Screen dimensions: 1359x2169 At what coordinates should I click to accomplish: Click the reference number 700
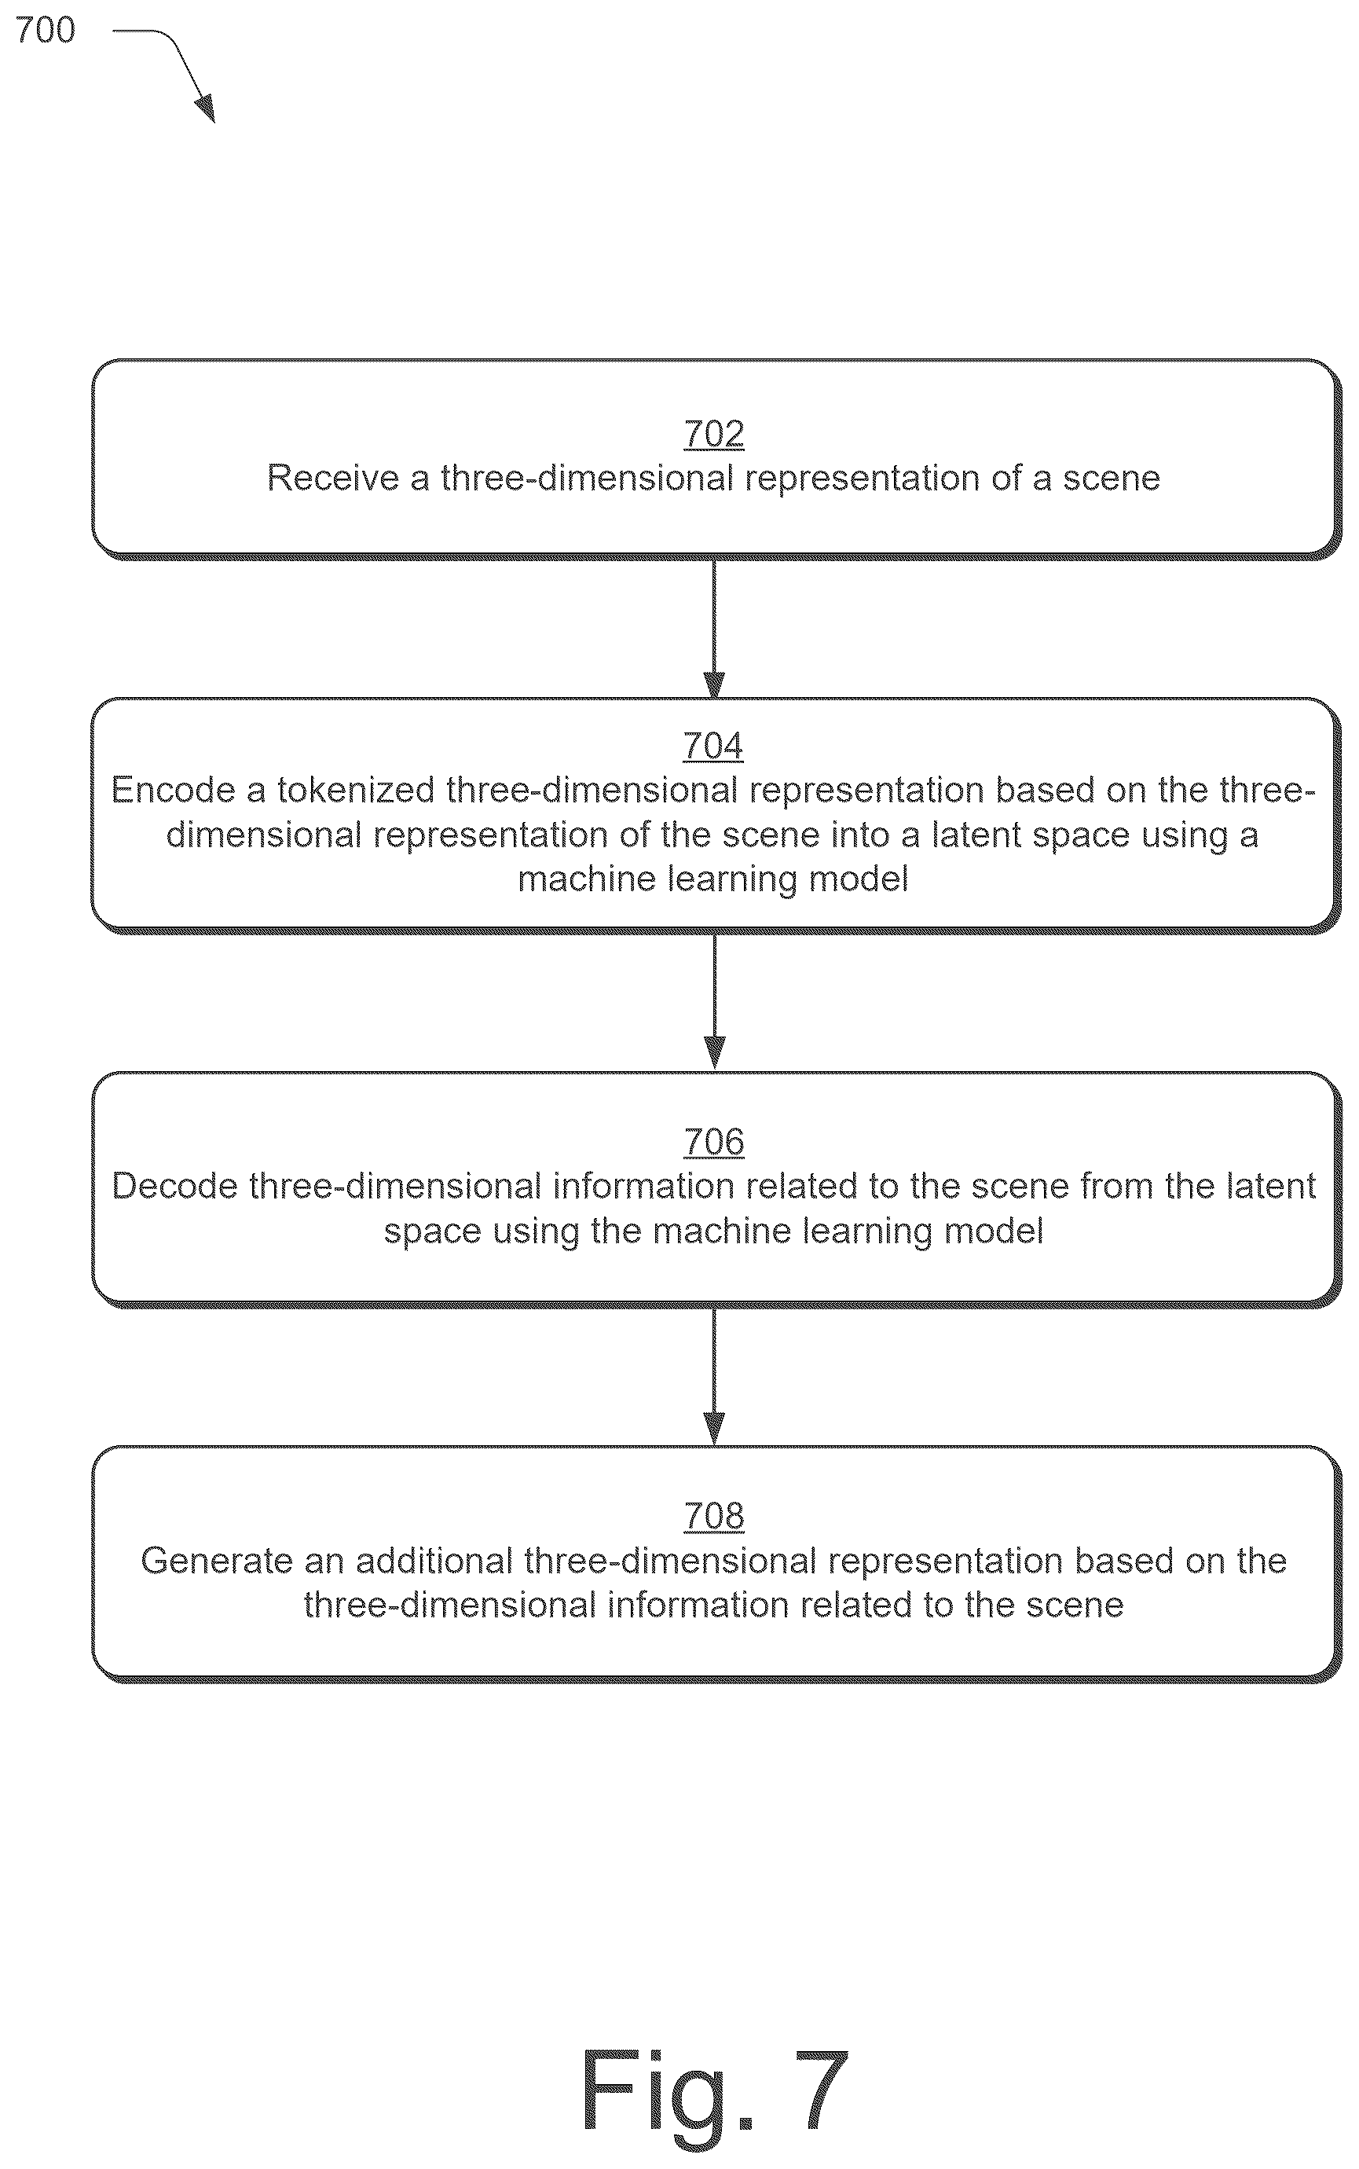[x=45, y=31]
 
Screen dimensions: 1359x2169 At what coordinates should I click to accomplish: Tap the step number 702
[x=713, y=434]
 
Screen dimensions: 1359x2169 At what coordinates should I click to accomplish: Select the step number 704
[x=712, y=746]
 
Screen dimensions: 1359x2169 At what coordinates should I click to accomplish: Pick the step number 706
[x=713, y=1143]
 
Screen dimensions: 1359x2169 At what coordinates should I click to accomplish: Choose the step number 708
[x=713, y=1517]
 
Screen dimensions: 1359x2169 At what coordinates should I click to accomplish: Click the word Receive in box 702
[x=332, y=479]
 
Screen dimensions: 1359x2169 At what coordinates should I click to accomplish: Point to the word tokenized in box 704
[x=356, y=790]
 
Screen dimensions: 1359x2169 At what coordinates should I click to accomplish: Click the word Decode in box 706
[x=175, y=1187]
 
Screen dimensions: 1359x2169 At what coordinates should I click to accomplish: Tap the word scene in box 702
[x=1112, y=479]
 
